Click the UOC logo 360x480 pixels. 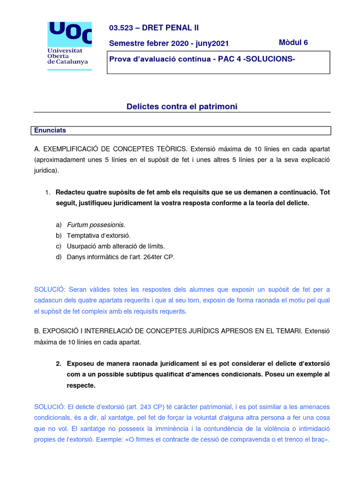(70, 45)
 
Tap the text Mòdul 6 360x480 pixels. (293, 43)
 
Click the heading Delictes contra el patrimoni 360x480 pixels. (182, 107)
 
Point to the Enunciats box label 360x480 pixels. (50, 130)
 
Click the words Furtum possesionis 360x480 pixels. (96, 225)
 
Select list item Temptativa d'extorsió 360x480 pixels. (98, 235)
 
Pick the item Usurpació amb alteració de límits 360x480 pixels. (116, 246)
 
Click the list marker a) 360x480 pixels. (59, 225)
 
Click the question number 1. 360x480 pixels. (48, 193)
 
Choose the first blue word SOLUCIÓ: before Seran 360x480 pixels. (49, 289)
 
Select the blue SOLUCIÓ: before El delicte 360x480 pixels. (49, 407)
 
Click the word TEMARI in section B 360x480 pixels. (286, 331)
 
